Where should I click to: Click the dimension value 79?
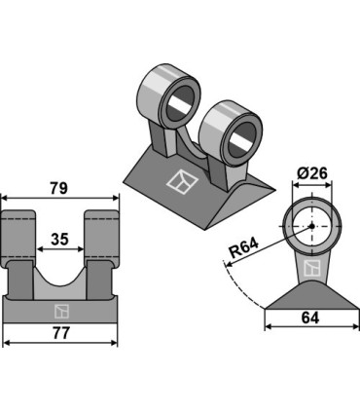[58, 188]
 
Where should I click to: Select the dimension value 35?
[60, 240]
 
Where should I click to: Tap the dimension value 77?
[61, 333]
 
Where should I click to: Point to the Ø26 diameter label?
[312, 173]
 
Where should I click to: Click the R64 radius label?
[243, 247]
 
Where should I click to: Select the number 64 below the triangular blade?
[310, 318]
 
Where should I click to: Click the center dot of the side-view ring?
[312, 226]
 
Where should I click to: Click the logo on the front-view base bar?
[61, 311]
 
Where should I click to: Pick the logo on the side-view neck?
[312, 268]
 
